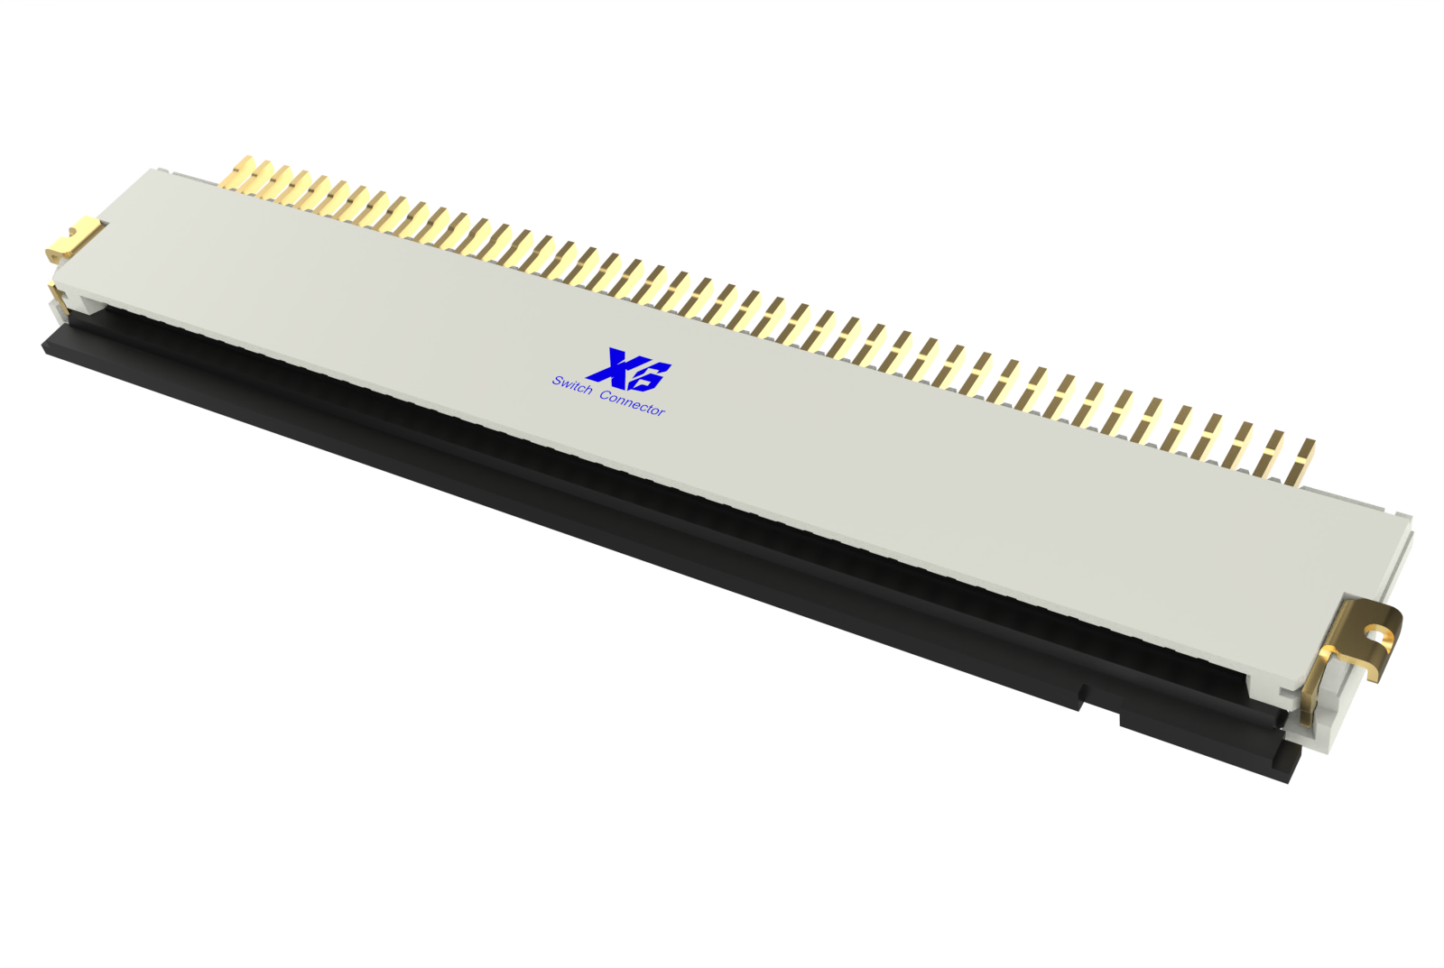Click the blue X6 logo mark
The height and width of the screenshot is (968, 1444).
click(628, 369)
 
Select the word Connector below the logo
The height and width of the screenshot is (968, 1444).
click(632, 403)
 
